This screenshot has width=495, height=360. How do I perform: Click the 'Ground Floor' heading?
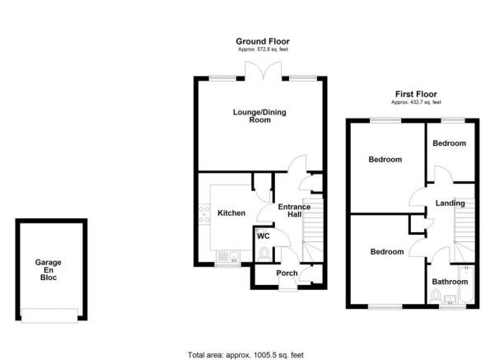tap(262, 41)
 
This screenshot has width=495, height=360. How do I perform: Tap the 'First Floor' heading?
tap(415, 95)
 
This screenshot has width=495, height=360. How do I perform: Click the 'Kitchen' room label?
tap(231, 213)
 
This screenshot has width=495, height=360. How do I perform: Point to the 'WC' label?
tap(264, 236)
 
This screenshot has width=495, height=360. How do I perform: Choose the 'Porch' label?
tap(287, 274)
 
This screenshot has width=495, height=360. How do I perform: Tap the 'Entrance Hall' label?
tap(293, 211)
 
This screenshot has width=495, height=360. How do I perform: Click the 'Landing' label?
tap(451, 203)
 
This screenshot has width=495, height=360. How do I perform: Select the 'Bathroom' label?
tap(451, 282)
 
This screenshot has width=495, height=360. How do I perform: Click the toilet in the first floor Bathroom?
tap(437, 296)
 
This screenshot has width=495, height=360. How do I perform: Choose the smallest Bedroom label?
tap(450, 143)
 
